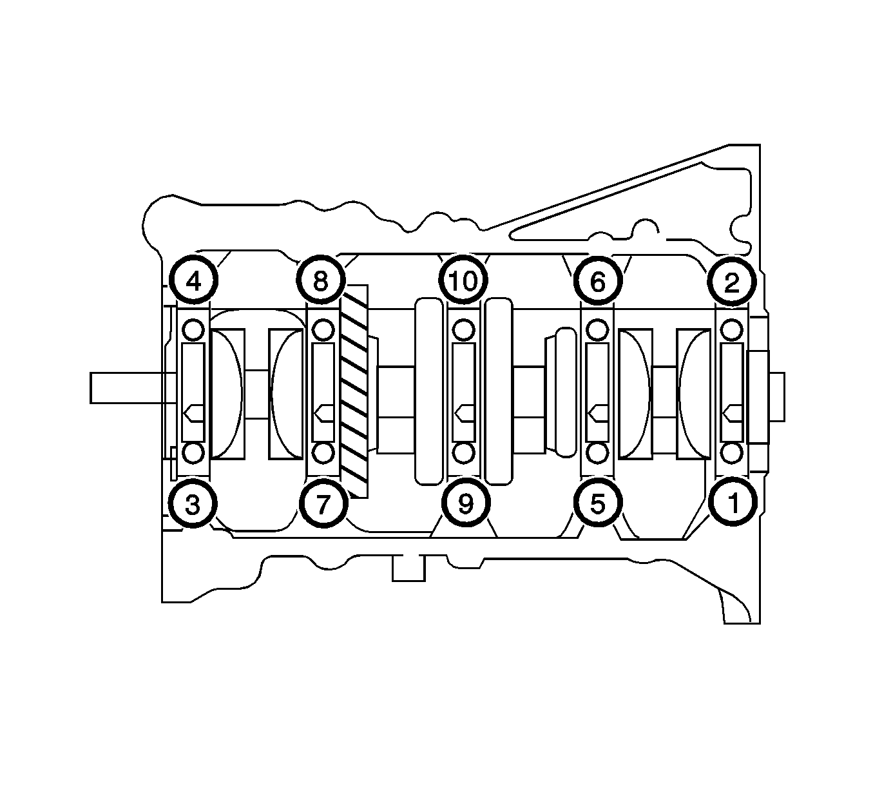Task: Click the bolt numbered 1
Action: tap(733, 502)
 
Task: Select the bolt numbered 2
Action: tap(731, 282)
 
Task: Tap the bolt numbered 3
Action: tap(193, 503)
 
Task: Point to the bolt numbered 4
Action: tap(193, 280)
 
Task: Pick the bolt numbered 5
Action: tap(597, 503)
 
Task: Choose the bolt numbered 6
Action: tap(597, 282)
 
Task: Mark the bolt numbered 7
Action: tap(323, 503)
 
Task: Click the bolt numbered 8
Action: tap(321, 280)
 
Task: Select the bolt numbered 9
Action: tap(466, 503)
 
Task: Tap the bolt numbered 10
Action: tap(463, 280)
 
